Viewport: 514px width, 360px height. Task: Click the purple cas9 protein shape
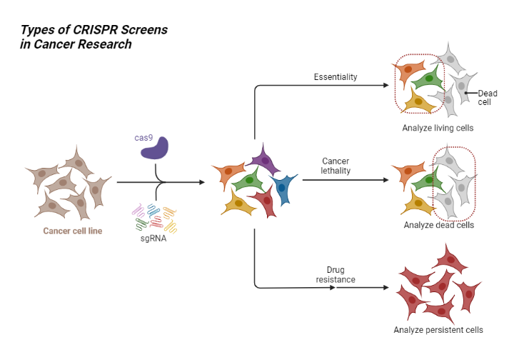(x=155, y=148)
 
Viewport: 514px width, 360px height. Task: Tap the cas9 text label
(x=143, y=137)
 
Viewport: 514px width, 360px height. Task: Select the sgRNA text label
(x=153, y=238)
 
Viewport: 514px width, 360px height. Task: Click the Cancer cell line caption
(x=72, y=231)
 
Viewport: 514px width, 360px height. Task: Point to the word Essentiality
(x=336, y=77)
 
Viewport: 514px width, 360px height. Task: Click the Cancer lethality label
(x=335, y=166)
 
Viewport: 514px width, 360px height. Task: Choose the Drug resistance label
(x=336, y=274)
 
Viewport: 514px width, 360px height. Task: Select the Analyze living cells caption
(x=438, y=129)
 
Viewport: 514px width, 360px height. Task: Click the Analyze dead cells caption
(x=438, y=226)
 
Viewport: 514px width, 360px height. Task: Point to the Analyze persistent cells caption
(x=438, y=330)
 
